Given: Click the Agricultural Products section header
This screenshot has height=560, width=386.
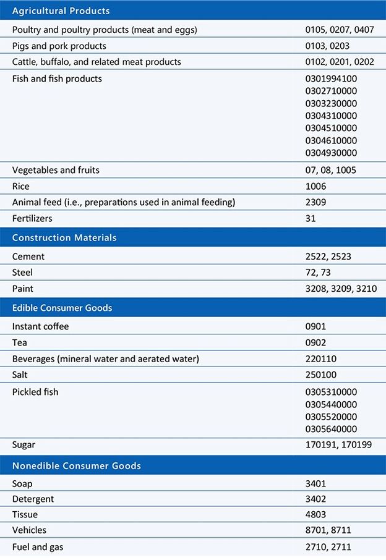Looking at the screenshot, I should click(x=61, y=11).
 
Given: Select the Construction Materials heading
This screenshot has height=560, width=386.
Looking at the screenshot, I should click(x=64, y=237).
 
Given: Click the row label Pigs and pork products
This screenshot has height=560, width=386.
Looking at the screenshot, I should click(x=59, y=46).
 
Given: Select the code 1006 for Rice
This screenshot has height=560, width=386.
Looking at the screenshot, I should click(x=316, y=186).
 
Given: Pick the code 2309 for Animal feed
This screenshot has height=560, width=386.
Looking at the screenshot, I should click(x=316, y=202).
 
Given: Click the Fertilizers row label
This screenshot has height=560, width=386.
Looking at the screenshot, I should click(x=32, y=218).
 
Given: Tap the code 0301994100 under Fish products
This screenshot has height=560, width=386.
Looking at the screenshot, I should click(x=331, y=79).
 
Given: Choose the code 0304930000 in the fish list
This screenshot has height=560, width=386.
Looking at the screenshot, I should click(x=331, y=153).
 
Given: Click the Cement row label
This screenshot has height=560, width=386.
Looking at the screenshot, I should click(x=28, y=257).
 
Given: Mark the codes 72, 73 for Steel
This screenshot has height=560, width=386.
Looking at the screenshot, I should click(x=319, y=273).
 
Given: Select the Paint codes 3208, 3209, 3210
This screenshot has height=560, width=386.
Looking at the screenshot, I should click(x=337, y=289).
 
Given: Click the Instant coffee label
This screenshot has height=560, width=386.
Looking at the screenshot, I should click(x=41, y=326).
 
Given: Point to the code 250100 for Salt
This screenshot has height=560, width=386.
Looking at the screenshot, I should click(x=322, y=375).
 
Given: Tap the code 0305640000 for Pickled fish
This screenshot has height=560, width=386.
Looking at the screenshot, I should click(x=331, y=429).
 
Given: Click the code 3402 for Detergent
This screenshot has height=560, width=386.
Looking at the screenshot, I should click(x=316, y=498).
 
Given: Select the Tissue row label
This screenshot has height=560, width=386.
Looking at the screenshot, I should click(x=25, y=514).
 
